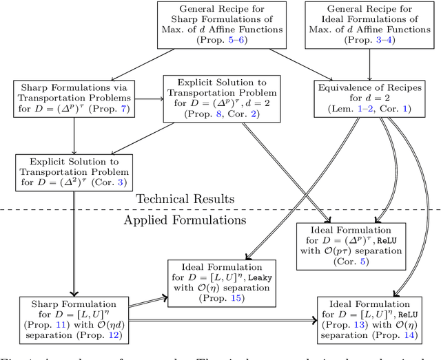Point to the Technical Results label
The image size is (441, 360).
[x=185, y=199]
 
